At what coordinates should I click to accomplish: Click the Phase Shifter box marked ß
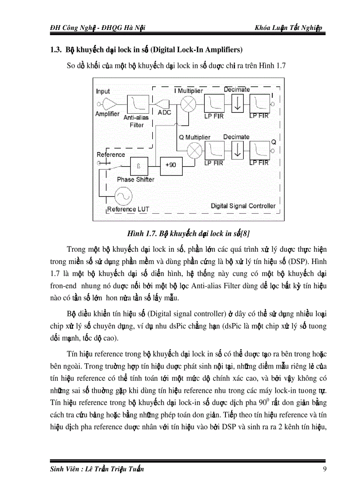click(x=138, y=167)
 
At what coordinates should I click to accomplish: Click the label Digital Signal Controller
click(x=243, y=205)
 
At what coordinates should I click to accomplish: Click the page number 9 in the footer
click(x=325, y=469)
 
